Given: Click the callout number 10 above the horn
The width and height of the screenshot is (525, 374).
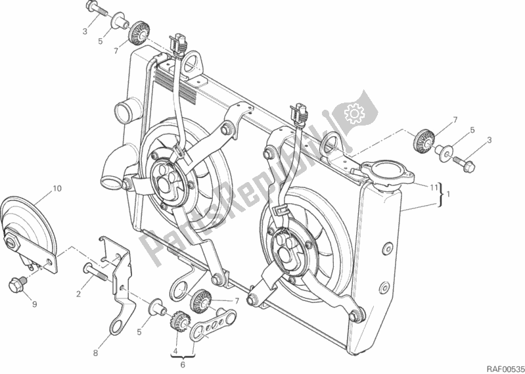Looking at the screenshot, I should point(57,189).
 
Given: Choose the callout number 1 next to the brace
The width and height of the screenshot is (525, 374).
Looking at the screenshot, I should point(448,195).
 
